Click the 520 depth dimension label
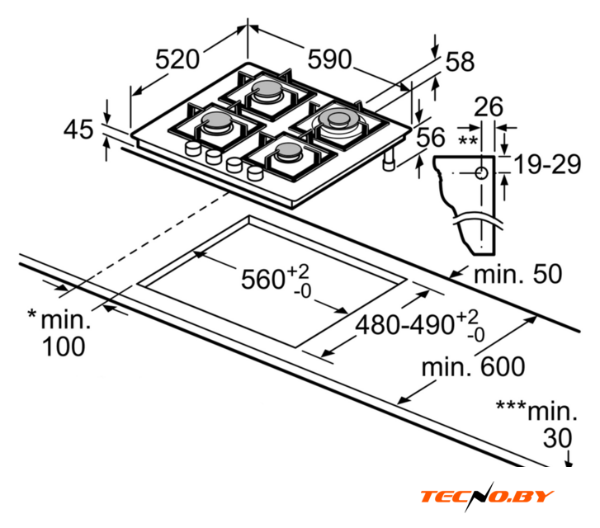click(177, 59)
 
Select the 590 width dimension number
click(329, 59)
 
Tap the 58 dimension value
click(460, 62)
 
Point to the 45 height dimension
click(78, 129)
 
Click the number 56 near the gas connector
click(431, 137)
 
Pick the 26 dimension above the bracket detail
click(489, 106)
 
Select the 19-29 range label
click(547, 164)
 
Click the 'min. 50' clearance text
click(518, 274)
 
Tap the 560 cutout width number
click(262, 279)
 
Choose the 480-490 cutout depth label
click(405, 325)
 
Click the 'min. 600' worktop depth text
click(474, 366)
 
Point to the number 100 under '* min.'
click(64, 346)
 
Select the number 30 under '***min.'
click(558, 438)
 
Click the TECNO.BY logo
click(487, 497)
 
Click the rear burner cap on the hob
click(267, 89)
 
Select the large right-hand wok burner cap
click(339, 118)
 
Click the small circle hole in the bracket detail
click(481, 173)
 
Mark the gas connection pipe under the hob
click(390, 160)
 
